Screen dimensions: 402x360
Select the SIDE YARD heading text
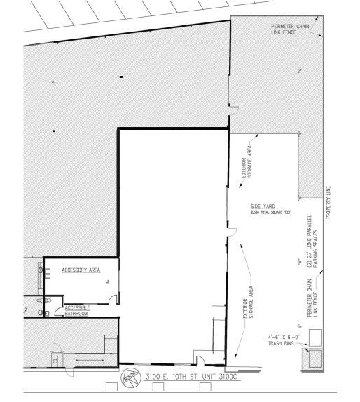261,207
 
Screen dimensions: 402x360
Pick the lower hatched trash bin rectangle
313,359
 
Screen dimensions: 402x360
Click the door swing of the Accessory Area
113,299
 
